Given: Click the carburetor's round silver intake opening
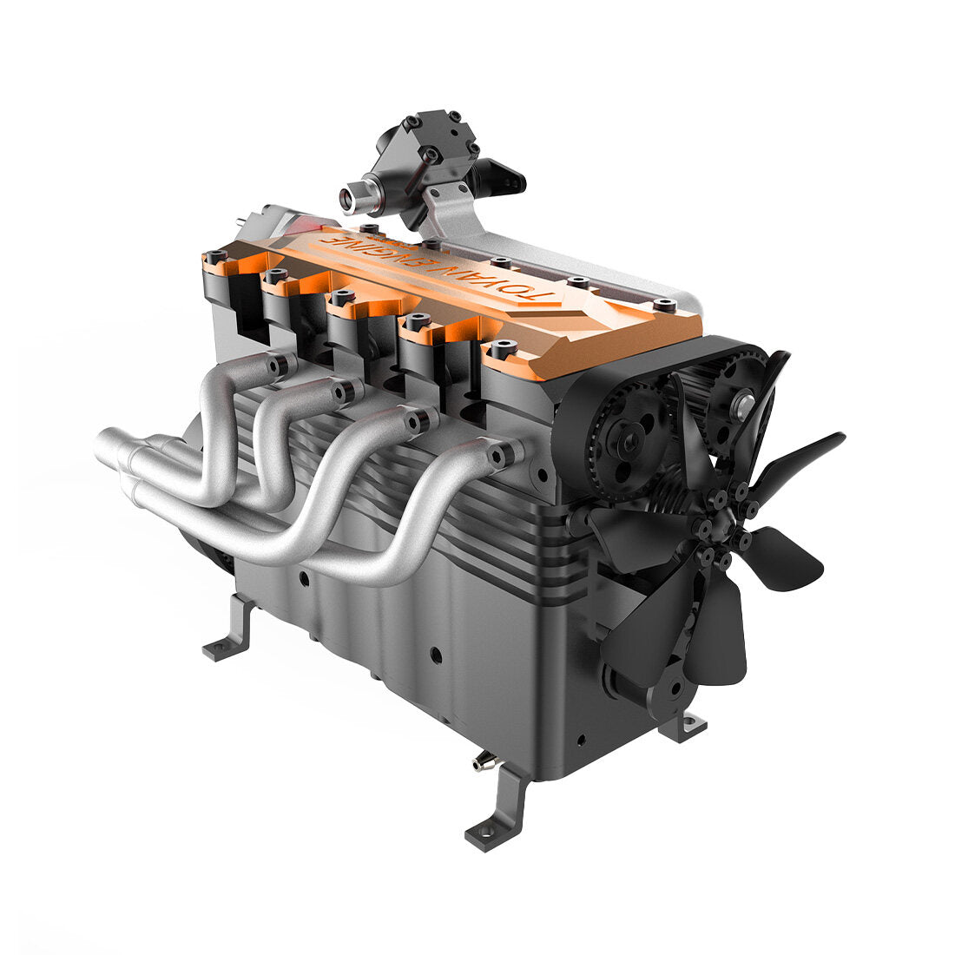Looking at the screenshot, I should pos(350,199).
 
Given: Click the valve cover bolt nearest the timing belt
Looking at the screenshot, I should pos(665,305).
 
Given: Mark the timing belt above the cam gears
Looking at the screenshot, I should pos(729,347).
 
